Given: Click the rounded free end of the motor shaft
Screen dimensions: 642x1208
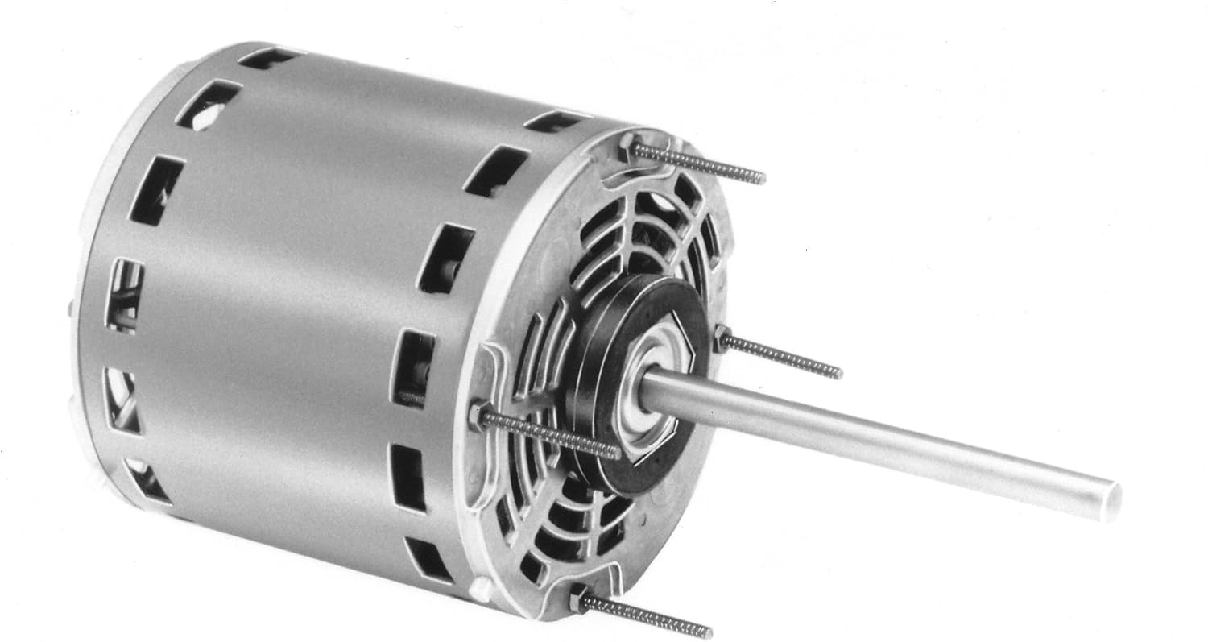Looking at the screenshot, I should [x=1110, y=500].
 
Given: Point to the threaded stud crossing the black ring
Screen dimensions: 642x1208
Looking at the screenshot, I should [x=556, y=435].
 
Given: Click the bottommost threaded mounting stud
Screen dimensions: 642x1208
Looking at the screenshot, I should [x=648, y=617].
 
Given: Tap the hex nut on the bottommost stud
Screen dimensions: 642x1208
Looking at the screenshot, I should [x=578, y=599].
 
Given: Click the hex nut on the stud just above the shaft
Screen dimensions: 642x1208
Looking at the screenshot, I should [x=722, y=339].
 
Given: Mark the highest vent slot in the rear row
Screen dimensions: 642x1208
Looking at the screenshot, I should [x=270, y=57].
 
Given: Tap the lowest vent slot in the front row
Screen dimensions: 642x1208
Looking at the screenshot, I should [x=428, y=560].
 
